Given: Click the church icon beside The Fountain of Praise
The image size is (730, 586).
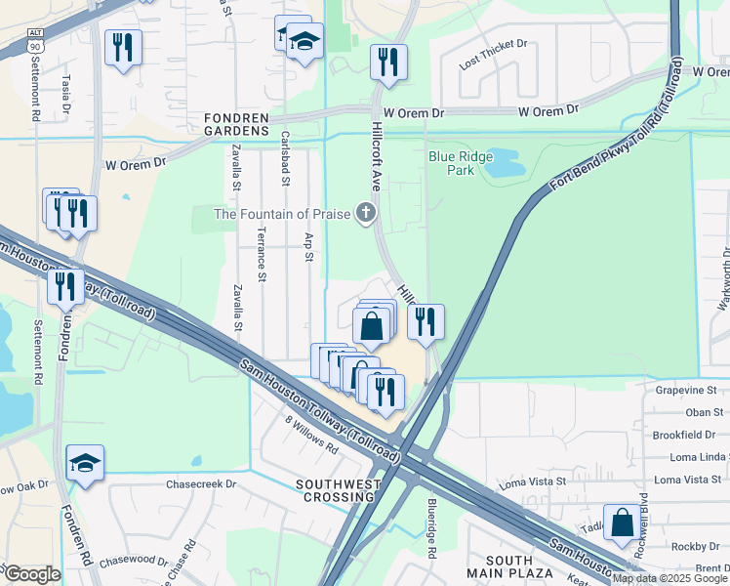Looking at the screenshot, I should point(365,213).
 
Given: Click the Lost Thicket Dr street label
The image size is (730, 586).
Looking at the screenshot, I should point(493,44).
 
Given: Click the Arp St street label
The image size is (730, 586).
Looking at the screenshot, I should point(308,246).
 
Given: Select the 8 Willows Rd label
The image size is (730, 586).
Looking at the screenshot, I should point(311,437).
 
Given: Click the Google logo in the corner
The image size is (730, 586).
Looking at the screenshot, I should point(32,574).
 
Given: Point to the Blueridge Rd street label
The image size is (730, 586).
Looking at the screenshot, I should point(430,528).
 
